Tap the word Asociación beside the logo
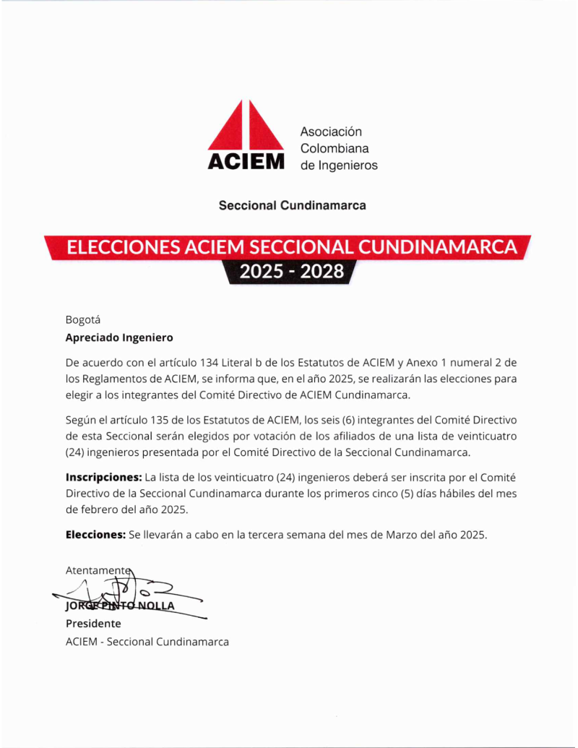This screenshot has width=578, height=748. tap(331, 132)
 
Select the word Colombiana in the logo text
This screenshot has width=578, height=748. tap(335, 149)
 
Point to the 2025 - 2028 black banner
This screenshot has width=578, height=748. tap(291, 272)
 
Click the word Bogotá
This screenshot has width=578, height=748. tap(83, 319)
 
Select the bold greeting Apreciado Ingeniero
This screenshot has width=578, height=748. tap(119, 338)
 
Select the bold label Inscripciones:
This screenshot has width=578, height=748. tap(103, 478)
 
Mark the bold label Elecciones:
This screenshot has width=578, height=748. tap(95, 536)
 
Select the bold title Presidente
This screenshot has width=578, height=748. tap(93, 624)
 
